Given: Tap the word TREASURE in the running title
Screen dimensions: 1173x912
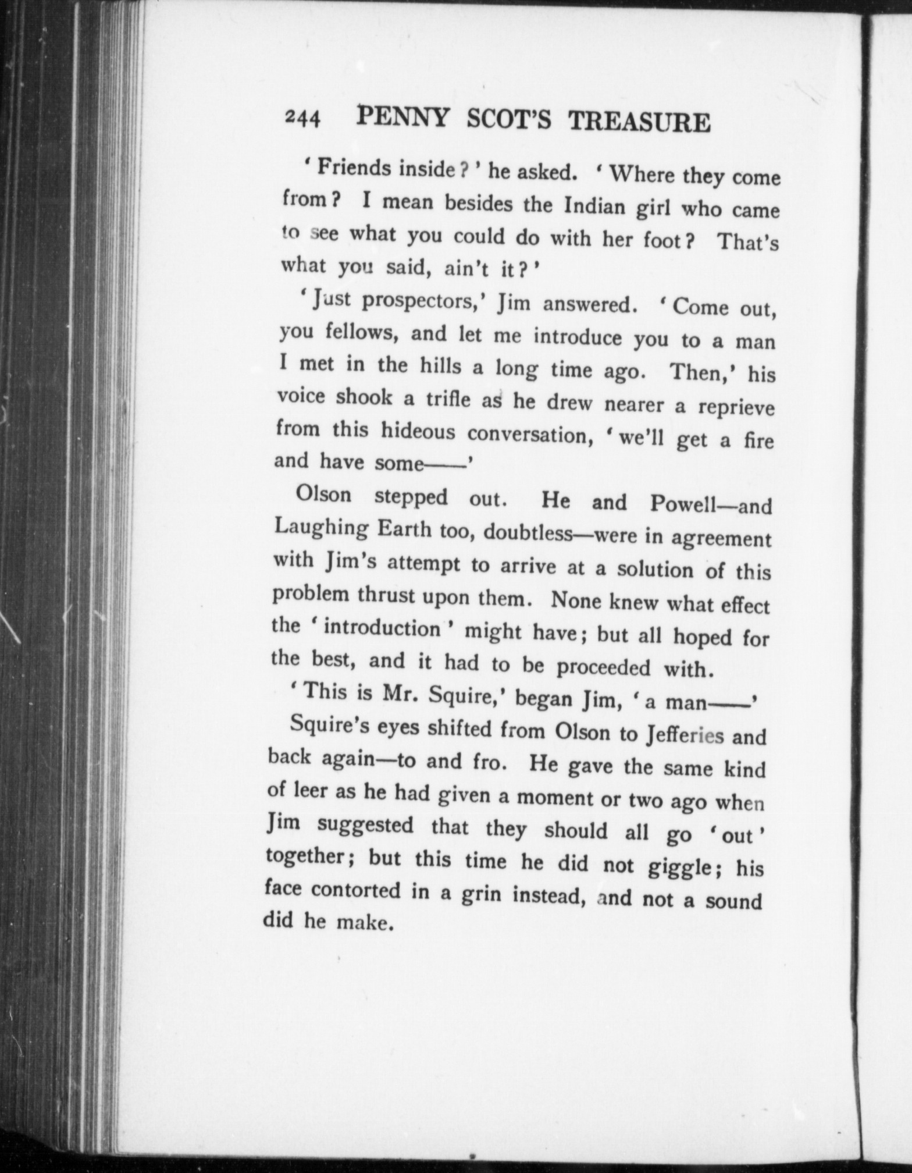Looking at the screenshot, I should point(639,122).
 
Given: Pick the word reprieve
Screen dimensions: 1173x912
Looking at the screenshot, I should point(736,408).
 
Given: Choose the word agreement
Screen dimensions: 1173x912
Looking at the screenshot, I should point(721,539).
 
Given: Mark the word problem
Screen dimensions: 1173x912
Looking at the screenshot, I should point(309,595).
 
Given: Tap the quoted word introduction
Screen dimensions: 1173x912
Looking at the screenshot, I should point(382,628).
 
